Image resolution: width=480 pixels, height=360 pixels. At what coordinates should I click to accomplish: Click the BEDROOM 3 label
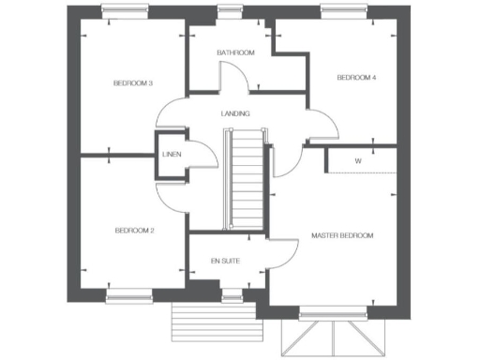(133, 83)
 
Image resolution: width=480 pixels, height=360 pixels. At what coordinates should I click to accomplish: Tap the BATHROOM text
(234, 52)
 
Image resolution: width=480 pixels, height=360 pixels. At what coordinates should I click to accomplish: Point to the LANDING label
(234, 113)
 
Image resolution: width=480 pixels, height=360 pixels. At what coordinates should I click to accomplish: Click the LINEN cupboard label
(171, 155)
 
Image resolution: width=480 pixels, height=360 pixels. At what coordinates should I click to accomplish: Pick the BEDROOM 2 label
(134, 230)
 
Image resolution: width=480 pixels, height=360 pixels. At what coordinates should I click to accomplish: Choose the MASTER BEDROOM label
(342, 235)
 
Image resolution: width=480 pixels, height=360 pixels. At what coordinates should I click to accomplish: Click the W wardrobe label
(358, 161)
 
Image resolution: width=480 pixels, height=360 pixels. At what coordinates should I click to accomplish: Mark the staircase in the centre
(243, 178)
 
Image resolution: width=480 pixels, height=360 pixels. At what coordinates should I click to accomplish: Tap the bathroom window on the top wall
(229, 10)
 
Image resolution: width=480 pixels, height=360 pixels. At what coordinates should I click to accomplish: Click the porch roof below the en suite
(213, 323)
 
